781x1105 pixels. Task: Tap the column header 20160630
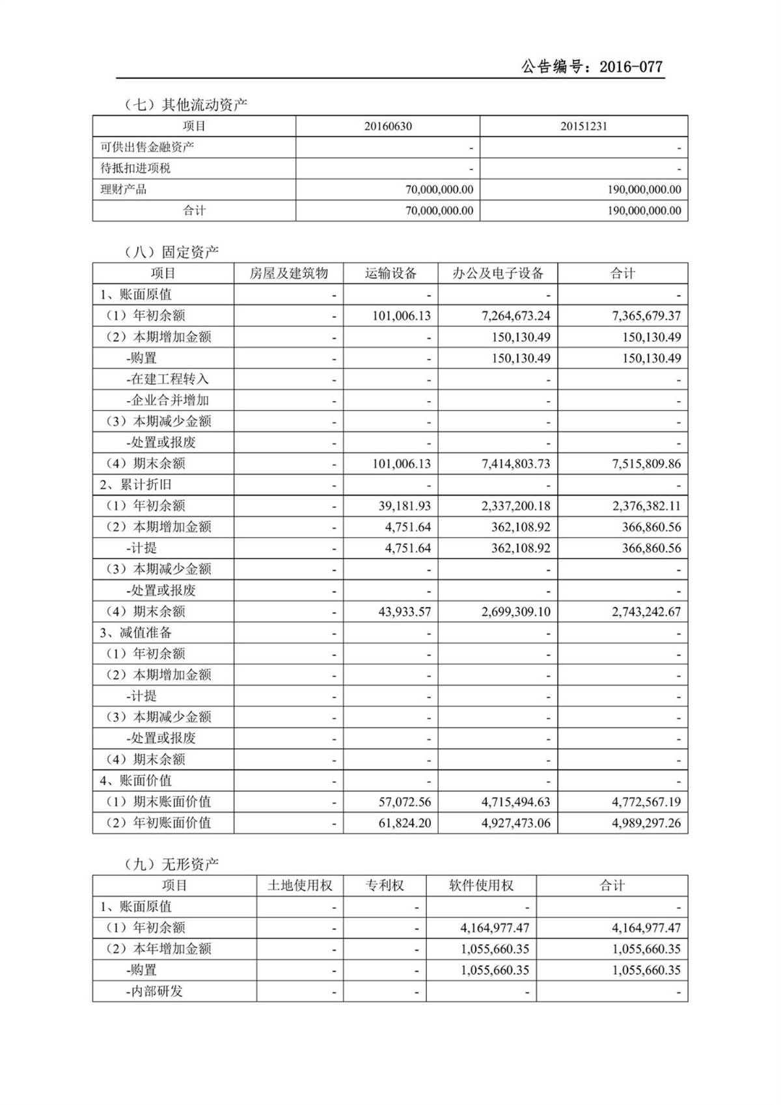pos(388,126)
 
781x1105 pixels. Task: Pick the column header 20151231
pos(584,126)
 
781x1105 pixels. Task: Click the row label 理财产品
pos(124,189)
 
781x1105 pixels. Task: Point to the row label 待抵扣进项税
pos(135,169)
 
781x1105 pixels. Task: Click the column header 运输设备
pos(390,273)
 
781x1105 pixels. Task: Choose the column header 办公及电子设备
pos(498,273)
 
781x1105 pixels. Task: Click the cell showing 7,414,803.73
pos(515,464)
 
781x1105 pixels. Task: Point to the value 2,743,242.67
pos(646,611)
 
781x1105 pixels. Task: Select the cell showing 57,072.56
pos(404,802)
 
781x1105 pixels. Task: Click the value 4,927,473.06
pos(515,823)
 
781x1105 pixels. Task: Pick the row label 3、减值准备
pos(136,633)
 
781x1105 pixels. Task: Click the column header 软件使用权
pos(481,886)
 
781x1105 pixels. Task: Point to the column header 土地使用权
pos(300,886)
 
